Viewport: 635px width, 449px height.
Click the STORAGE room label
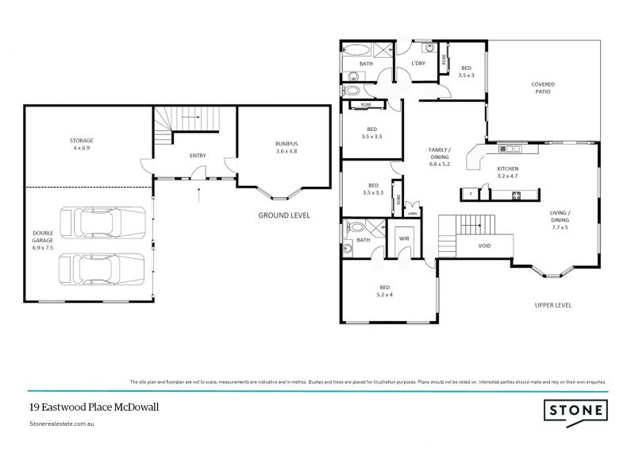click(x=82, y=144)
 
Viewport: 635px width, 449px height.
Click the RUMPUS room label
click(x=286, y=147)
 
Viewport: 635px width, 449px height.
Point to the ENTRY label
click(x=198, y=156)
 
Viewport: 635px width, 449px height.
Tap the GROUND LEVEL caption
click(x=283, y=215)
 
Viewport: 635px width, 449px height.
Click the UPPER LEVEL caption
click(x=553, y=305)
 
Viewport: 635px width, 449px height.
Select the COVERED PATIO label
click(x=543, y=87)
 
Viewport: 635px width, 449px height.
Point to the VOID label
click(x=484, y=246)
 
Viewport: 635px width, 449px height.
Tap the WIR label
click(x=402, y=238)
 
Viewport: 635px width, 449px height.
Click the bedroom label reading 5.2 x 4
click(x=385, y=292)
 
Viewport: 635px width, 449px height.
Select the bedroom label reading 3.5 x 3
click(x=468, y=72)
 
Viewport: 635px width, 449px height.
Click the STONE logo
click(x=575, y=410)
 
